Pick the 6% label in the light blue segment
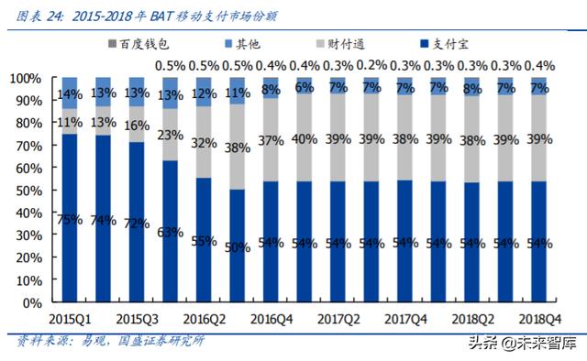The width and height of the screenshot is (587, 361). (304, 87)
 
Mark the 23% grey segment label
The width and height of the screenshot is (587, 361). (170, 135)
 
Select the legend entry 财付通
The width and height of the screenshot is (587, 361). (362, 42)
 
